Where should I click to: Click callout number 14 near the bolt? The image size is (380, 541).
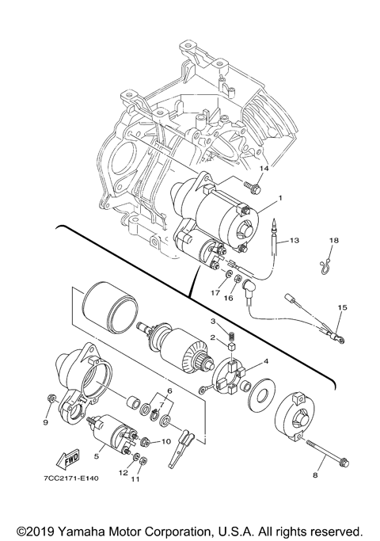pyautogui.click(x=265, y=169)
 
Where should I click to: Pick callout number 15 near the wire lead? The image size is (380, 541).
pyautogui.click(x=342, y=307)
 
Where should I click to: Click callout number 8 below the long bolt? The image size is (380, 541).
pyautogui.click(x=314, y=475)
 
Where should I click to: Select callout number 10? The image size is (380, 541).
pyautogui.click(x=166, y=441)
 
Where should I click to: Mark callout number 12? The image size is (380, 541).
pyautogui.click(x=123, y=472)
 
